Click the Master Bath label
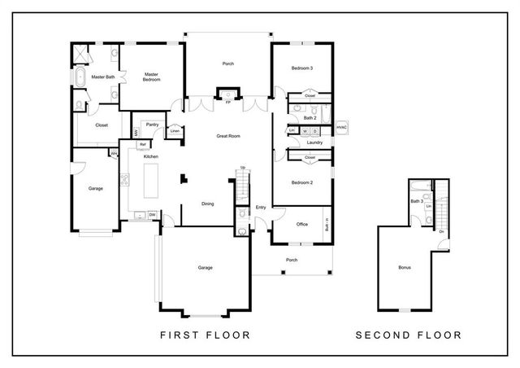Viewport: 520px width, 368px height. click(102, 77)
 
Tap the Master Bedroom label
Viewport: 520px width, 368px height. click(151, 77)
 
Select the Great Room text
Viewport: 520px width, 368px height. click(228, 136)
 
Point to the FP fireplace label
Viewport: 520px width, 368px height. click(227, 103)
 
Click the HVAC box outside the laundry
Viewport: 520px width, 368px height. click(341, 127)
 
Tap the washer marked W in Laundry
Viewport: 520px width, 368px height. click(305, 130)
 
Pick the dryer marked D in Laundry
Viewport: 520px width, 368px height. click(315, 130)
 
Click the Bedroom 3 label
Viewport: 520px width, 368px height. click(301, 68)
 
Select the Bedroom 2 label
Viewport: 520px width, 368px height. click(301, 182)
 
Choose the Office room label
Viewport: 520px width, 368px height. click(301, 224)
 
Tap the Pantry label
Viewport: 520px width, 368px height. click(152, 125)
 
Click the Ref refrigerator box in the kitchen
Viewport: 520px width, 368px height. click(143, 144)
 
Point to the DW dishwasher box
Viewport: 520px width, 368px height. click(152, 215)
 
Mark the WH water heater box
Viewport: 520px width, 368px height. click(114, 152)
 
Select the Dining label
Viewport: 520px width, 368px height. click(207, 204)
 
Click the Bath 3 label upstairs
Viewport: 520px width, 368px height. click(417, 200)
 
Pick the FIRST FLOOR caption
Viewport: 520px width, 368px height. click(204, 335)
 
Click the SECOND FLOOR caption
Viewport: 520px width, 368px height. click(409, 335)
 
